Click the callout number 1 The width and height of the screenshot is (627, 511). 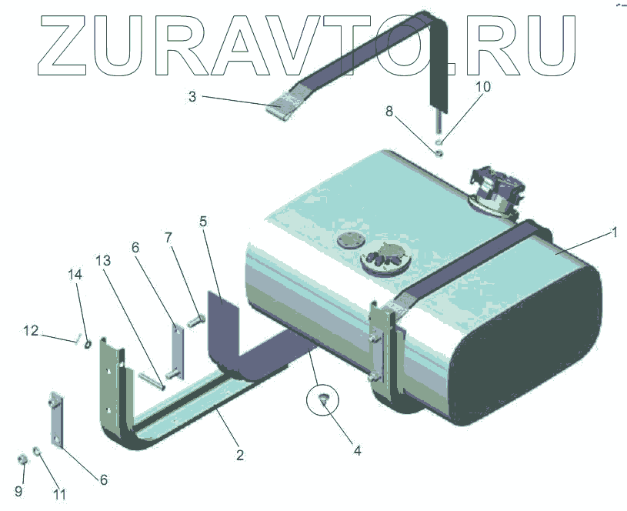[x=613, y=232]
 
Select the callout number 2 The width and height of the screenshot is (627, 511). [x=240, y=455]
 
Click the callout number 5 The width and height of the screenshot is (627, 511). [x=203, y=222]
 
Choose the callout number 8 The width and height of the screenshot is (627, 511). [x=390, y=112]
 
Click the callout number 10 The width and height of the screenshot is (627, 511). [x=482, y=86]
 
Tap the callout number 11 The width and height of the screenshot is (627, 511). [x=59, y=495]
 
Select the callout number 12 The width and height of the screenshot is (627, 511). [x=30, y=331]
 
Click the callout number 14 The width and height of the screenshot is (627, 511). [x=75, y=275]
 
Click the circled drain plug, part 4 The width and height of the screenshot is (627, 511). [x=322, y=398]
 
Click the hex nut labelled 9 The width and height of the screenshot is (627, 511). [x=22, y=460]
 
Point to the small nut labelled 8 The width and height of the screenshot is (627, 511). [x=438, y=152]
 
